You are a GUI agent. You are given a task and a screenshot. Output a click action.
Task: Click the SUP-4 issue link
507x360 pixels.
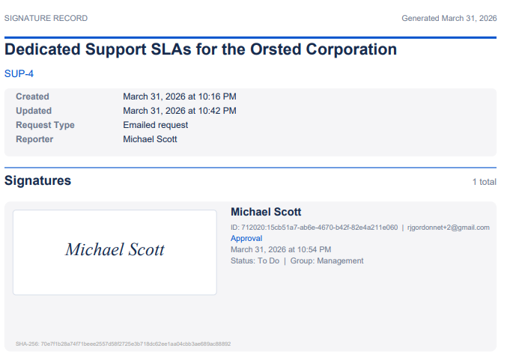coord(19,73)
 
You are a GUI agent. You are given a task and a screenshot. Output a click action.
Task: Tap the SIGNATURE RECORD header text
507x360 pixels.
coord(46,18)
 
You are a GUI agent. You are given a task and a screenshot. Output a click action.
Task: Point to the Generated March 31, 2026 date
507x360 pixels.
coord(449,18)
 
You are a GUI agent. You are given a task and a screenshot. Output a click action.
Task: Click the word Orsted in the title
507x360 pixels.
coord(276,49)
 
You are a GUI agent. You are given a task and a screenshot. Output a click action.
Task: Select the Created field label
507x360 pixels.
coord(32,97)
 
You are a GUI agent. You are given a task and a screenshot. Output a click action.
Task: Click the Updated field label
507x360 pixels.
coord(34,111)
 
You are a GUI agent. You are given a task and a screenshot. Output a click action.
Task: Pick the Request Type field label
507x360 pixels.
coord(45,125)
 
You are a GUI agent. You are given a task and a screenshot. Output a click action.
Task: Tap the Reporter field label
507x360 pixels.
coord(34,139)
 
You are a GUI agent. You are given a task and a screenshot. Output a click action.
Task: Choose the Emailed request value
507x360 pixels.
coord(156,125)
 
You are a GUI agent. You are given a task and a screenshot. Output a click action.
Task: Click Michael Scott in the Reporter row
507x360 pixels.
coord(150,139)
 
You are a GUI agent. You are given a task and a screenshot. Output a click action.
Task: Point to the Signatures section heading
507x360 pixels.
coord(37,180)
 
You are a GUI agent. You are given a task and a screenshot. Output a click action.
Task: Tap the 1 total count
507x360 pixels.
coord(485,182)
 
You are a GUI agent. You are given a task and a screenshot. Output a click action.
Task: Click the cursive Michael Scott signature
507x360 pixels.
coord(115,249)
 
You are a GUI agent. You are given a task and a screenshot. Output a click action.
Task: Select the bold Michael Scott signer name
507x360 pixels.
coord(266,212)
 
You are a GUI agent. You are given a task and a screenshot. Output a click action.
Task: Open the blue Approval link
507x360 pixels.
coord(246,238)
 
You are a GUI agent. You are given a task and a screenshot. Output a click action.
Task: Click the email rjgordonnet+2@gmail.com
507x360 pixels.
coord(449,228)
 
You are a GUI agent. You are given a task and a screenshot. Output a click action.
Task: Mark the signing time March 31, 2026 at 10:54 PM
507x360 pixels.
coord(281,249)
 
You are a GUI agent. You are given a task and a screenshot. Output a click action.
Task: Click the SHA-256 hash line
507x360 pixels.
coord(124,344)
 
